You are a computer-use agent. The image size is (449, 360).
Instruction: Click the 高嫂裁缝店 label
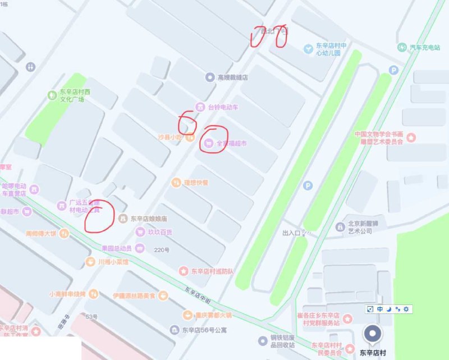coord(233,78)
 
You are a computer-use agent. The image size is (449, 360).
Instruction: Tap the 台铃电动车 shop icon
coord(199,106)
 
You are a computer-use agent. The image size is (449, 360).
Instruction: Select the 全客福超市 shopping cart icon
coord(209,143)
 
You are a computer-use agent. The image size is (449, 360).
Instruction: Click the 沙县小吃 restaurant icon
coord(190,136)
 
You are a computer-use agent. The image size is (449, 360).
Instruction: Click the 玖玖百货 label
coord(161,231)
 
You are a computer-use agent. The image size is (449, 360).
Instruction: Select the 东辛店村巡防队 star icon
coord(183,271)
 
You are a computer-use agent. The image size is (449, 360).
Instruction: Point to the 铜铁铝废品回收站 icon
coord(262,340)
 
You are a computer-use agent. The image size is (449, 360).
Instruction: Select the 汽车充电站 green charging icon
coord(402,47)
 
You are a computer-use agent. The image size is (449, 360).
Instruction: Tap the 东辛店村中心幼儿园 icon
coord(308,49)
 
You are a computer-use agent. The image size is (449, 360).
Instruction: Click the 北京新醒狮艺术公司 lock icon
coord(340,226)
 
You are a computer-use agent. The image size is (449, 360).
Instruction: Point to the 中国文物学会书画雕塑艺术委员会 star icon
coord(411,137)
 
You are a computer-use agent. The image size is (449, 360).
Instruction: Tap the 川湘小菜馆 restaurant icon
coord(90,262)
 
